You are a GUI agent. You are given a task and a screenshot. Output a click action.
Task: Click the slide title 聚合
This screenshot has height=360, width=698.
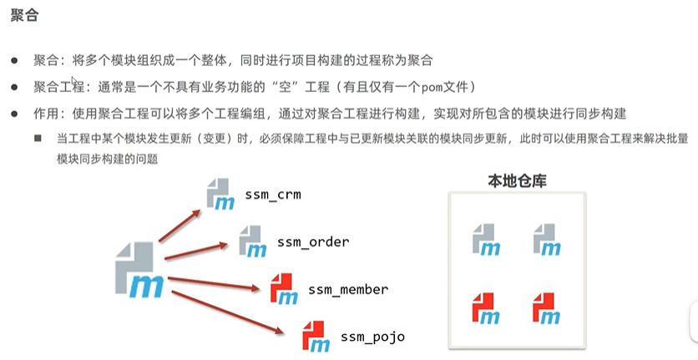point(23,16)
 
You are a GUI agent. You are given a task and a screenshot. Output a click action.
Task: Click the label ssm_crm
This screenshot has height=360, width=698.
point(272,195)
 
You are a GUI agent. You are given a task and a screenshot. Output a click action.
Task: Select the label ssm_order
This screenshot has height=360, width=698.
point(313,242)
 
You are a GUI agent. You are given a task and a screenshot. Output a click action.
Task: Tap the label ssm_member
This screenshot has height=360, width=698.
point(348,290)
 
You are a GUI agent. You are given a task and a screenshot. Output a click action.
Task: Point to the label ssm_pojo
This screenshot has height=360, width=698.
point(372,337)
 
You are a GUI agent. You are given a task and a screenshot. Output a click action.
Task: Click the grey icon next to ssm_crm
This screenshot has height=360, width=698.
point(220,194)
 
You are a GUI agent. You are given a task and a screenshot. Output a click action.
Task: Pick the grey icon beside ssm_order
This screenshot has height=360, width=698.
point(252,241)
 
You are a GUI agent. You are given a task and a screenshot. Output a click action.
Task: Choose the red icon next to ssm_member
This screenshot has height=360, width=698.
point(284,289)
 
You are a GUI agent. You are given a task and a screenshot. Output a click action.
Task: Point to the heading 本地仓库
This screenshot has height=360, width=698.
point(517,180)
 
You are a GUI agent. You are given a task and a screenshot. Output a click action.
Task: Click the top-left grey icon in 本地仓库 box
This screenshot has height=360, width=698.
point(486,239)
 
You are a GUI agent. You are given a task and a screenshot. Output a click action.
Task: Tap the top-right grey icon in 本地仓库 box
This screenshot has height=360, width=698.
point(546,239)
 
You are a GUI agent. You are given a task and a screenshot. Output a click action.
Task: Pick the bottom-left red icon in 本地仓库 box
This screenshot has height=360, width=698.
point(486,307)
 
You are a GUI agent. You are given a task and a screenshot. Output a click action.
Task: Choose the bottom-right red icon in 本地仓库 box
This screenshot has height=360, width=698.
point(546,307)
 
